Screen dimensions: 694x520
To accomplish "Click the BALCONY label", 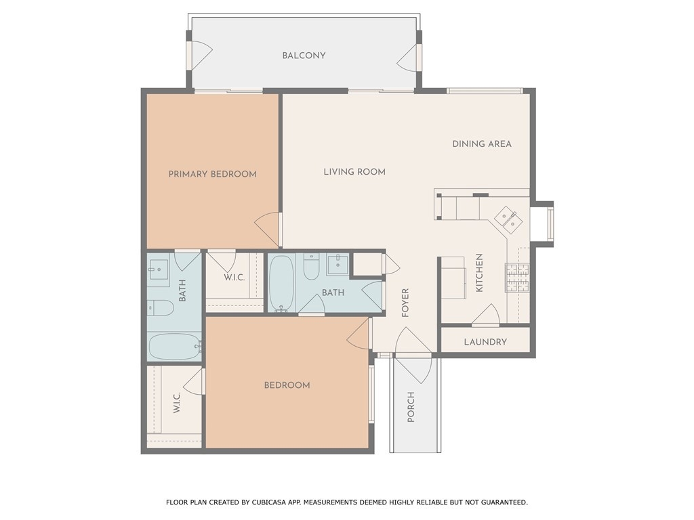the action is click(304, 56).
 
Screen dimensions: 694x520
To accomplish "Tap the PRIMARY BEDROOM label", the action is click(212, 174).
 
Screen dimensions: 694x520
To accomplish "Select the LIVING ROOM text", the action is click(354, 172).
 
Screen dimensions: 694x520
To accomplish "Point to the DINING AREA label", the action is click(482, 144).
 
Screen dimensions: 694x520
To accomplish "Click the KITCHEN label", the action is click(479, 273).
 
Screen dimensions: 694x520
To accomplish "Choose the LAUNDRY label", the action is click(485, 342).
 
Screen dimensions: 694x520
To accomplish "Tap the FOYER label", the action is click(405, 303).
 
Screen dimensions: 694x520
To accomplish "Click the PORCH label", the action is click(411, 407).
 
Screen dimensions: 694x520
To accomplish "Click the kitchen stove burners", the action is click(517, 278).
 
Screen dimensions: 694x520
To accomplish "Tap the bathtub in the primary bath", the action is click(175, 347).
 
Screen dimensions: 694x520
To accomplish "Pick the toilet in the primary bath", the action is click(160, 308).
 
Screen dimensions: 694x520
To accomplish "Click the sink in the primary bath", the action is click(158, 269).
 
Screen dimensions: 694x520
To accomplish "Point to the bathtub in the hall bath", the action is click(281, 284).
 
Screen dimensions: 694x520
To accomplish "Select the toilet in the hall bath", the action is click(312, 266).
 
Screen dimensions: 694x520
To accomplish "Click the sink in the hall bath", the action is click(338, 265).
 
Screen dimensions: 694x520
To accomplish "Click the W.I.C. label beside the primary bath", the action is click(234, 278).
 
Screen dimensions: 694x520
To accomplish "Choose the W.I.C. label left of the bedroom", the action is click(177, 403).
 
